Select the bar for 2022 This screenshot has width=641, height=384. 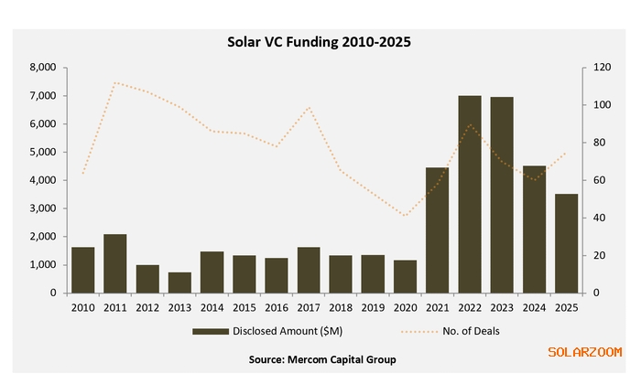pos(471,194)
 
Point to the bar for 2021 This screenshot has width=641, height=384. pos(438,230)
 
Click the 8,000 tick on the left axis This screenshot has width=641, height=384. pos(43,68)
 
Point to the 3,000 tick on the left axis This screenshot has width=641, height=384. pos(43,208)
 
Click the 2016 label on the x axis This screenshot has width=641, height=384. pos(277,307)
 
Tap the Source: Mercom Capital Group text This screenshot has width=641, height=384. pos(322,359)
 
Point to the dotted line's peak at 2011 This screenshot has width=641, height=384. pos(115,82)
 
